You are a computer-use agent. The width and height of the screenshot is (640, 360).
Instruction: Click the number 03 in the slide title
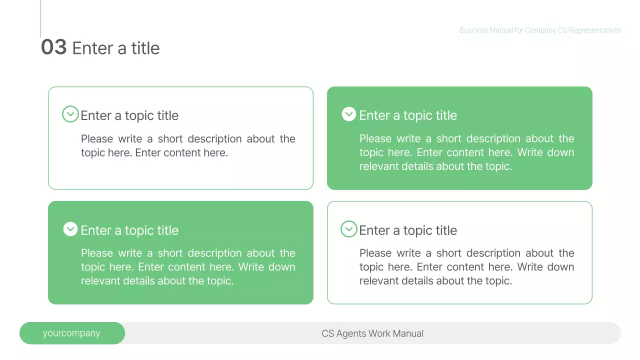click(x=53, y=47)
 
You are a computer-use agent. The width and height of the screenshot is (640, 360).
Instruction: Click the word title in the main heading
click(x=145, y=48)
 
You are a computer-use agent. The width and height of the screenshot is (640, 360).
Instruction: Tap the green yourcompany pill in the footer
click(x=72, y=333)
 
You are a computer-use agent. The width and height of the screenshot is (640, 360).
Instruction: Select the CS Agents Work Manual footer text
click(x=372, y=333)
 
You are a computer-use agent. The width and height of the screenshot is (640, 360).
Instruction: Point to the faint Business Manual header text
click(x=540, y=30)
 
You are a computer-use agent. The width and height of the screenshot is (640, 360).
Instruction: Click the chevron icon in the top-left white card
click(x=70, y=114)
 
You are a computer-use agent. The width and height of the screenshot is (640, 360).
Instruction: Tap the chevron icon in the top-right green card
click(x=349, y=114)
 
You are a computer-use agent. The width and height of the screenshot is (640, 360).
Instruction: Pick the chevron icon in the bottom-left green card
click(x=70, y=229)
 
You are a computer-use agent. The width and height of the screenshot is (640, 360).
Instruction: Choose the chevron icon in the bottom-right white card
click(x=349, y=229)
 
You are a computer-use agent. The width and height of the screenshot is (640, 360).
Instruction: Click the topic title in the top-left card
click(x=129, y=115)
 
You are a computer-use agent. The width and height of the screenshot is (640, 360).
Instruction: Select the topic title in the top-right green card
click(x=408, y=115)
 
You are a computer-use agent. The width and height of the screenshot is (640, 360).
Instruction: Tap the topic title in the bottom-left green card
click(x=129, y=230)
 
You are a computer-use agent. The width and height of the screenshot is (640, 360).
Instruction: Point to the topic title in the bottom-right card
click(x=408, y=230)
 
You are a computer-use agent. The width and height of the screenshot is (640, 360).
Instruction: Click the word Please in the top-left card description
click(x=97, y=139)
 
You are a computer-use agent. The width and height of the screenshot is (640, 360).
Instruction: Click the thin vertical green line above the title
click(x=40, y=18)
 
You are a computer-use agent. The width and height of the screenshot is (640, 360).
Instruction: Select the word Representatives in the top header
click(x=594, y=30)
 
